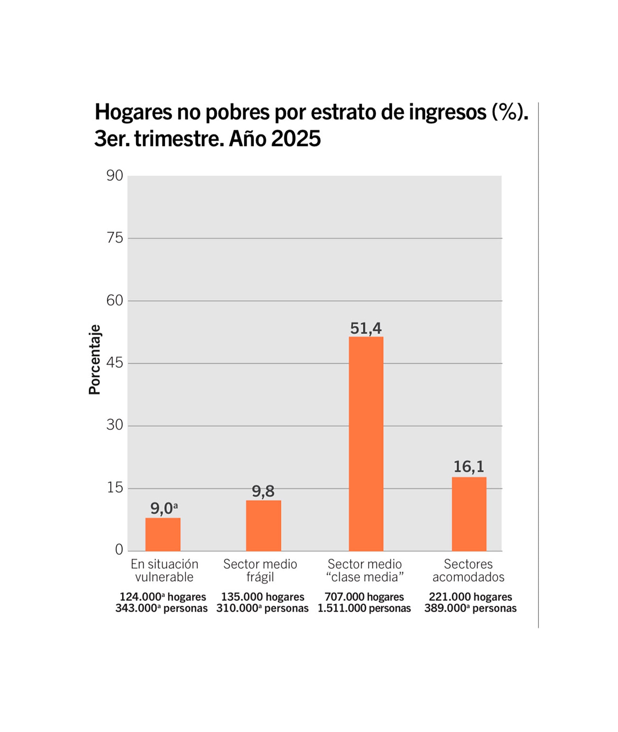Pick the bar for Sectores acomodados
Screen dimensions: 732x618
pos(469,514)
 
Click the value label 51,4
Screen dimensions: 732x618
pos(366,328)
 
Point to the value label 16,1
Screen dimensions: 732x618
pos(469,467)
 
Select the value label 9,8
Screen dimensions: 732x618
pos(263,491)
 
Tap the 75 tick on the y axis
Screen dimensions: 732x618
pos(115,238)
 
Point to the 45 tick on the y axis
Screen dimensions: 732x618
pos(115,363)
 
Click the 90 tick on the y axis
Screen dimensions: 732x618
pos(115,176)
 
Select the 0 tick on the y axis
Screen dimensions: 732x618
pos(119,549)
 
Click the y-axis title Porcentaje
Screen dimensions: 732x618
pos(95,360)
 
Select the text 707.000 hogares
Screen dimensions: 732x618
pos(364,597)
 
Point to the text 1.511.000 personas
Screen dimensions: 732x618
pos(364,608)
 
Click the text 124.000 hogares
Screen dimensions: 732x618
pos(163,597)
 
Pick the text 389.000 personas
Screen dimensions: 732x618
pos(470,608)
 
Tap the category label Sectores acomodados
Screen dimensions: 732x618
pos(468,570)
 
